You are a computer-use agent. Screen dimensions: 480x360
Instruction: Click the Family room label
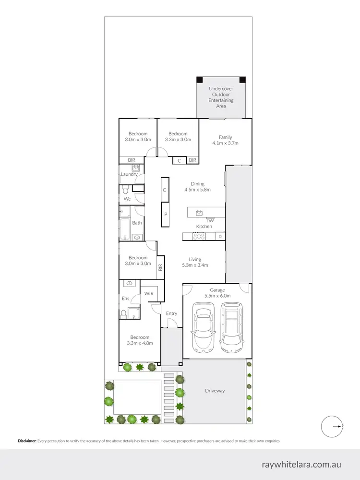point(225,140)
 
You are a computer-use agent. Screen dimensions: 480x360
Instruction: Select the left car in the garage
point(202,328)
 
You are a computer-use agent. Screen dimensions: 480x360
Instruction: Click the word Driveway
point(215,391)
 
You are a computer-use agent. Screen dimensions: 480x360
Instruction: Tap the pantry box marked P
point(165,214)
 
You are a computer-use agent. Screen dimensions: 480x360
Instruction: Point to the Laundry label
point(129,174)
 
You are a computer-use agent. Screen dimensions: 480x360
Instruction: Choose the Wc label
point(127,198)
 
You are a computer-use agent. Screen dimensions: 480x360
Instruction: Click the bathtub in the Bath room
point(124,223)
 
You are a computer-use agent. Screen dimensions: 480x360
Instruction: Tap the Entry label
point(171,313)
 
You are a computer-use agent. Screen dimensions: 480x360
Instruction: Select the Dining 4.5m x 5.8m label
point(197,187)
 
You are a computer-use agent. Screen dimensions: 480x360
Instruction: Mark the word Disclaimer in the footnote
point(27,441)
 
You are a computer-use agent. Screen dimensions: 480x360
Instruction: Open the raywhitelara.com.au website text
point(301,464)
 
